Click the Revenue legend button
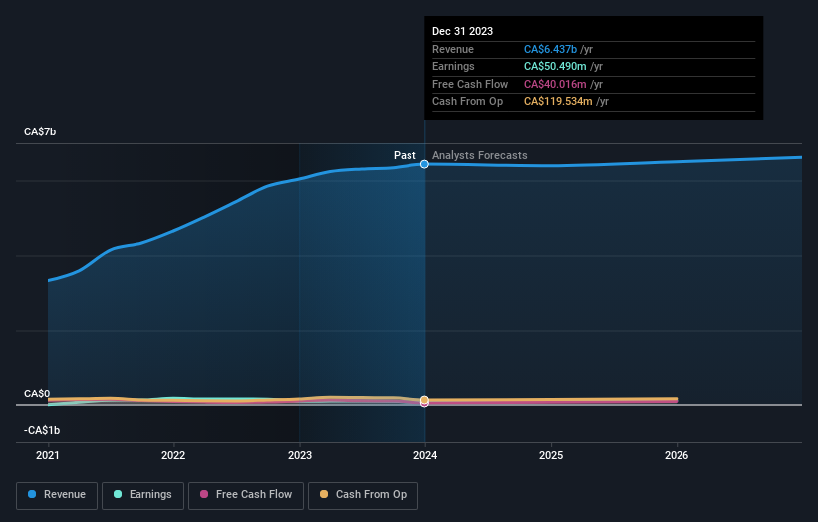(x=58, y=494)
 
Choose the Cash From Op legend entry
(x=363, y=494)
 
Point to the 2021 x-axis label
(x=48, y=456)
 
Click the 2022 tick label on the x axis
(x=173, y=456)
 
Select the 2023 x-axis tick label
(x=300, y=456)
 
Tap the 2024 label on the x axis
(x=425, y=456)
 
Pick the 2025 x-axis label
(x=551, y=456)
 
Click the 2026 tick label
(x=677, y=456)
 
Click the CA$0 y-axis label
(x=37, y=394)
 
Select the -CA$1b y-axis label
(x=43, y=430)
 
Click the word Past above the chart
(x=405, y=155)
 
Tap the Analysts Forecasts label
(x=480, y=155)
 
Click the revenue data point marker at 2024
(x=425, y=164)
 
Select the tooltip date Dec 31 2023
(x=462, y=32)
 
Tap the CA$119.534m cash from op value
(x=559, y=101)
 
